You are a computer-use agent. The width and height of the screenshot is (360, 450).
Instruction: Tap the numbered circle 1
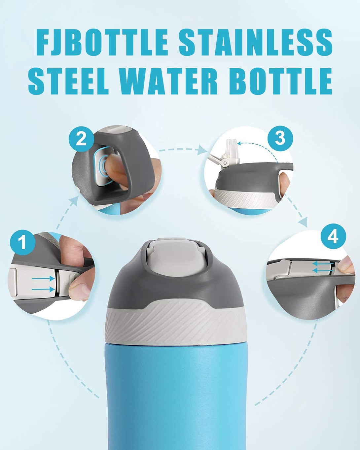click(22, 242)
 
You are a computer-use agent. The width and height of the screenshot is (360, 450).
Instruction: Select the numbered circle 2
click(81, 139)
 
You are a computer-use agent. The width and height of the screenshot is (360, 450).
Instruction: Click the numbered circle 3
click(280, 138)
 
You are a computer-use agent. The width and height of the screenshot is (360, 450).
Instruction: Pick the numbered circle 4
click(334, 236)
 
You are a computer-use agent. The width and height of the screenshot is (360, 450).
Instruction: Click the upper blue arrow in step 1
click(43, 278)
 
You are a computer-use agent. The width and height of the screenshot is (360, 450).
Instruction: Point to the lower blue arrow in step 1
click(43, 290)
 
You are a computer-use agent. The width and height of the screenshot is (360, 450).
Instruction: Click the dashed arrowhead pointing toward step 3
click(202, 150)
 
